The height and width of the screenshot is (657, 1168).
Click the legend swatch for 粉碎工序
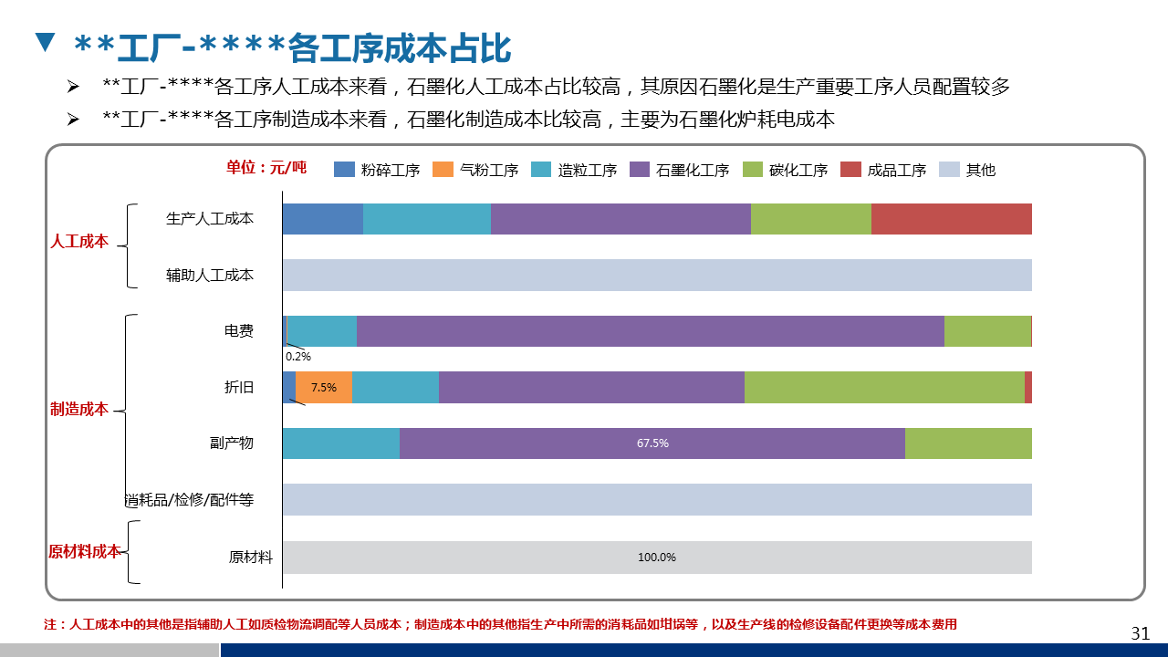pyautogui.click(x=344, y=170)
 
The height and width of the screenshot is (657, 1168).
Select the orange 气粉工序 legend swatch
pyautogui.click(x=443, y=170)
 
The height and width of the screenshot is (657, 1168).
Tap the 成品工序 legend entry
pyautogui.click(x=896, y=170)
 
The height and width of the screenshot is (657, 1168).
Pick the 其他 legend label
pyautogui.click(x=980, y=170)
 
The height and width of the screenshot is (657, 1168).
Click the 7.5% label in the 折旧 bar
pyautogui.click(x=323, y=388)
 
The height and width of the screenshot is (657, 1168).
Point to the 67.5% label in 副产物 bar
pyautogui.click(x=652, y=443)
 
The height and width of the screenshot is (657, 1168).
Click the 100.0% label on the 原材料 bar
pyautogui.click(x=656, y=558)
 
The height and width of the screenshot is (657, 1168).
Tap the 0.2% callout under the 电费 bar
pyautogui.click(x=298, y=357)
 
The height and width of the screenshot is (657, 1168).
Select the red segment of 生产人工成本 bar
pyautogui.click(x=951, y=219)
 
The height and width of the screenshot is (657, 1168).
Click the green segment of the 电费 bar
pyautogui.click(x=987, y=331)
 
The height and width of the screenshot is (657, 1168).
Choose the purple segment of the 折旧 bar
pyautogui.click(x=591, y=388)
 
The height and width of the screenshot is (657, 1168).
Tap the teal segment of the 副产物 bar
pyautogui.click(x=340, y=443)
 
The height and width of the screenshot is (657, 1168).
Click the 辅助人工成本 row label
pyautogui.click(x=210, y=275)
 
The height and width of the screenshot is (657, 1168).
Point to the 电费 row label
pyautogui.click(x=239, y=331)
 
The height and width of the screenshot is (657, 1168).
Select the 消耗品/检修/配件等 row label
pyautogui.click(x=189, y=500)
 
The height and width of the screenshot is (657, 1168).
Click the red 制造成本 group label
pyautogui.click(x=79, y=409)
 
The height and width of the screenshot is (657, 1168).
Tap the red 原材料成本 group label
pyautogui.click(x=84, y=551)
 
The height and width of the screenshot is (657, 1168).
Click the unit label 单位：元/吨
pyautogui.click(x=266, y=167)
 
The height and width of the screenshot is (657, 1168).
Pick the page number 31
pyautogui.click(x=1140, y=633)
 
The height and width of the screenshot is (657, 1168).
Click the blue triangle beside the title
pyautogui.click(x=45, y=42)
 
